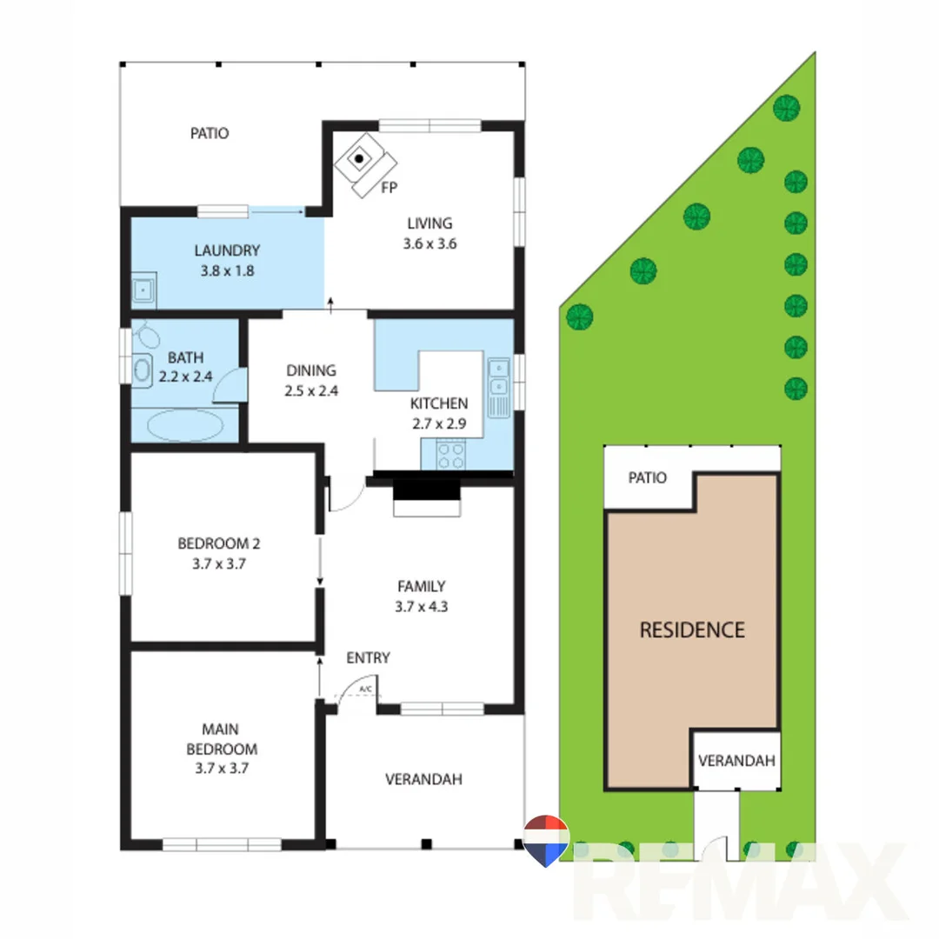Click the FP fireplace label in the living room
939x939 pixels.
pyautogui.click(x=390, y=187)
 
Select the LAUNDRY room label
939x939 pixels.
pyautogui.click(x=226, y=251)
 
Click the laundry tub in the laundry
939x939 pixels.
pyautogui.click(x=144, y=289)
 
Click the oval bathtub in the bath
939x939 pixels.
pyautogui.click(x=184, y=426)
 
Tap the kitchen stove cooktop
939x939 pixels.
pyautogui.click(x=450, y=456)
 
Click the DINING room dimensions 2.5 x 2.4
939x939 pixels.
pyautogui.click(x=311, y=391)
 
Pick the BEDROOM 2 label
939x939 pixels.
pyautogui.click(x=219, y=544)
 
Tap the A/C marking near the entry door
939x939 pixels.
pyautogui.click(x=366, y=690)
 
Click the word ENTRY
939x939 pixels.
pyautogui.click(x=368, y=658)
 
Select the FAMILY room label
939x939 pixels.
pyautogui.click(x=422, y=586)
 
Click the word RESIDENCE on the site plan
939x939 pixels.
pyautogui.click(x=692, y=630)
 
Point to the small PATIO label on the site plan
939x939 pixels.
pyautogui.click(x=648, y=478)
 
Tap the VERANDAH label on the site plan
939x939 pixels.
pyautogui.click(x=736, y=761)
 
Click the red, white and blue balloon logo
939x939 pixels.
pyautogui.click(x=546, y=840)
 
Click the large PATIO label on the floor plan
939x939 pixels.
pyautogui.click(x=210, y=134)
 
